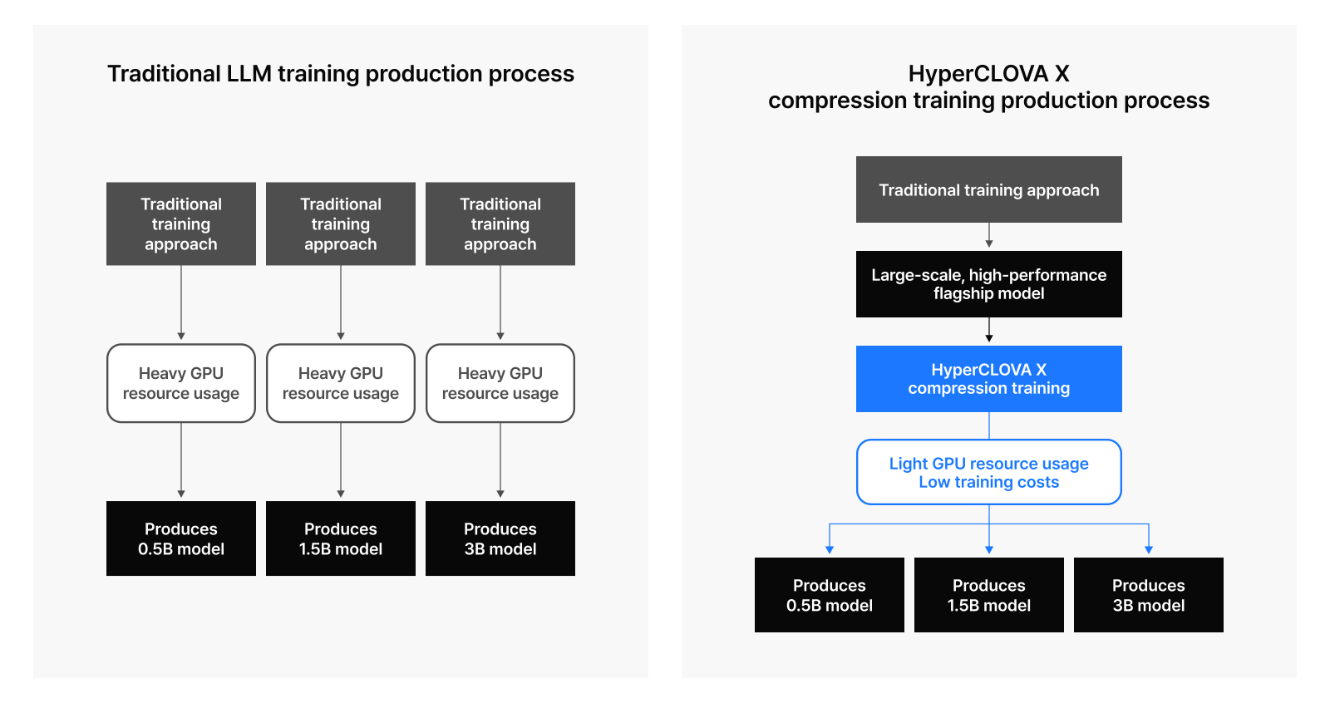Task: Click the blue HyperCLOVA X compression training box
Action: coord(988,379)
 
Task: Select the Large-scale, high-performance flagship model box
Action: coord(988,284)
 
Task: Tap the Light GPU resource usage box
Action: coord(988,472)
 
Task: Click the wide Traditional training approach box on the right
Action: coord(988,189)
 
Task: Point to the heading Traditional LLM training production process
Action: coord(341,74)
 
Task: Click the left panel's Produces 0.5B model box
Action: coord(181,538)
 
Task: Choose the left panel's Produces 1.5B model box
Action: coord(341,538)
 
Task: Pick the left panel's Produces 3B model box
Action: coord(500,538)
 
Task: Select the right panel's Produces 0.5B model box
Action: coord(830,595)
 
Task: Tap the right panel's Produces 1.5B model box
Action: coord(988,595)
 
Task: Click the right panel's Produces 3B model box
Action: coord(1148,595)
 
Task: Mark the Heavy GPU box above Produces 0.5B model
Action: coord(181,383)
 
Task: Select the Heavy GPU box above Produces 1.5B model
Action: coord(341,383)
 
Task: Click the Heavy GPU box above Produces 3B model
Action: coord(500,383)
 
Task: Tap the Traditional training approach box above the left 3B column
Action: coord(500,224)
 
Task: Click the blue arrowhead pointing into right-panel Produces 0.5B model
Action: coord(830,550)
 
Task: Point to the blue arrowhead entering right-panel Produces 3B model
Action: coord(1148,550)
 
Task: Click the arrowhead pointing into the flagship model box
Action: coord(988,243)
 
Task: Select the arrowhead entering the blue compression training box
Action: coord(988,338)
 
